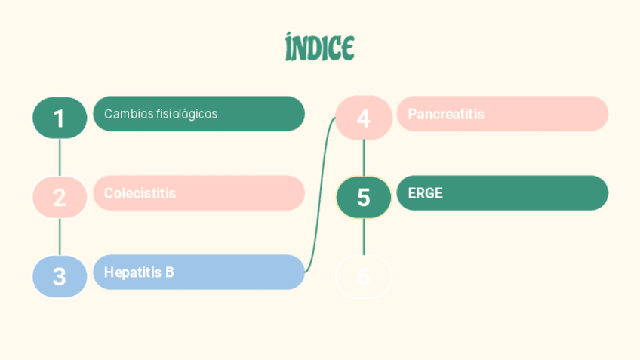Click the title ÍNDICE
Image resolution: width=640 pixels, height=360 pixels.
tap(320, 48)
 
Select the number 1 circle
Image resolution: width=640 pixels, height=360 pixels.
tap(60, 118)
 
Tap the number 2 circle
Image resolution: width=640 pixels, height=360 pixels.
tap(60, 197)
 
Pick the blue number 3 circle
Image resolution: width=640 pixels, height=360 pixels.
tap(60, 276)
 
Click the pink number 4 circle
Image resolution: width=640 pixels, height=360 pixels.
tap(364, 118)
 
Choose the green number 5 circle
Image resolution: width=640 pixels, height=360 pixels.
tap(364, 197)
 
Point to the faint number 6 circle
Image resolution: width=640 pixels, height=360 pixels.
tap(364, 276)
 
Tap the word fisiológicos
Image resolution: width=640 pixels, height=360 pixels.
tap(186, 114)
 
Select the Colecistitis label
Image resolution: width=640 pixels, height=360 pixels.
tap(140, 193)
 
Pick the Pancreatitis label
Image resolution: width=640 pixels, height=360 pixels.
tap(446, 114)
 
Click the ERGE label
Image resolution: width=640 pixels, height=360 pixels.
tap(425, 193)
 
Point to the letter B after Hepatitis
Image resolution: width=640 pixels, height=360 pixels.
tap(169, 272)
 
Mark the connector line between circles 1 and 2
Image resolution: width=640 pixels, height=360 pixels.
tap(60, 157)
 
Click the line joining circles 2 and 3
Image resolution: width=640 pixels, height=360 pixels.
tap(60, 236)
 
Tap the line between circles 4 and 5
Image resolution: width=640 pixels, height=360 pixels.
tap(364, 157)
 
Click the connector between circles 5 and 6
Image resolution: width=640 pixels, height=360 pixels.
tap(364, 236)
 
